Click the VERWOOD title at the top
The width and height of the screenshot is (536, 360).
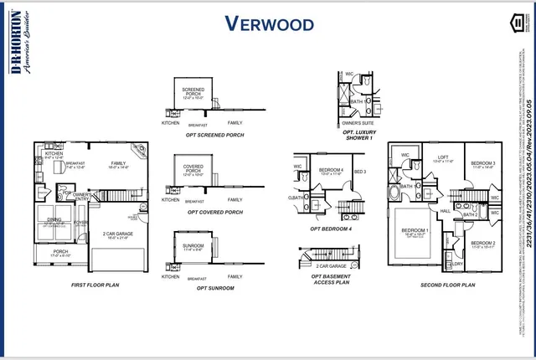point(268,23)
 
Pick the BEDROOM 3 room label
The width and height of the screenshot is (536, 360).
point(482,163)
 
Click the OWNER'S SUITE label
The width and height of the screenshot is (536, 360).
point(356,121)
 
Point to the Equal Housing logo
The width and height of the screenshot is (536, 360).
point(518,24)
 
